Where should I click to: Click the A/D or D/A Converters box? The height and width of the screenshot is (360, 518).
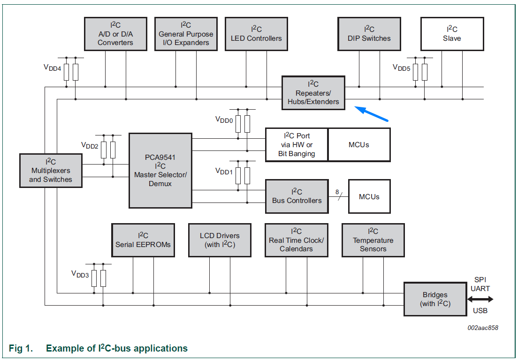tap(115, 34)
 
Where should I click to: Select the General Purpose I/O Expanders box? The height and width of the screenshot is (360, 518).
tap(186, 34)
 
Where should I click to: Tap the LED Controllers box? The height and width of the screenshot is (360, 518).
tap(256, 34)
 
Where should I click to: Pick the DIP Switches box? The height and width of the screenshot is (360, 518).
tap(369, 34)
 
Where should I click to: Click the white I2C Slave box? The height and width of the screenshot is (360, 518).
tap(452, 34)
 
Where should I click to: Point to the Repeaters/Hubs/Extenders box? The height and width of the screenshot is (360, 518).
tap(313, 93)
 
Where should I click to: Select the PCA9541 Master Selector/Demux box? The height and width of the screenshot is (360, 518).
tap(160, 171)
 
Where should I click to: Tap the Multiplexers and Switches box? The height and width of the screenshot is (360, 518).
tap(51, 171)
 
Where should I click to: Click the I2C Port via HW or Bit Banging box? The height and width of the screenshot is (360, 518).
tap(297, 145)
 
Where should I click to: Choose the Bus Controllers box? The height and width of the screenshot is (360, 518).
tap(297, 196)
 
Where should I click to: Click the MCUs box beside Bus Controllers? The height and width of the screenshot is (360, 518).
tap(369, 196)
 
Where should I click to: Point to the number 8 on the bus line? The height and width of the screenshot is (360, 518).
tap(337, 192)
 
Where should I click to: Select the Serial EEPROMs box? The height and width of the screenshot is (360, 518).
tap(143, 240)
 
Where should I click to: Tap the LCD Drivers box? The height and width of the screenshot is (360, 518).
tap(220, 240)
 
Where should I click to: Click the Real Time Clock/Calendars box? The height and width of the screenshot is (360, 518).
tap(296, 240)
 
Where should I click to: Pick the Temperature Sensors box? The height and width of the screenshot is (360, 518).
tap(373, 240)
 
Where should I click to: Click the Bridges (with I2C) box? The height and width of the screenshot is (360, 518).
tap(435, 299)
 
